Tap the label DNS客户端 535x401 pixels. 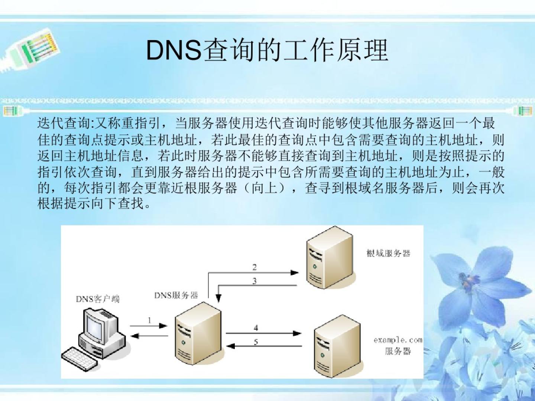pyautogui.click(x=98, y=299)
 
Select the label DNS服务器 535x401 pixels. pyautogui.click(x=176, y=296)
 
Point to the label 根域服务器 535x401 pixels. pyautogui.click(x=388, y=254)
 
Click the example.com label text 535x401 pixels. pyautogui.click(x=398, y=340)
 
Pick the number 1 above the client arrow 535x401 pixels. pyautogui.click(x=150, y=320)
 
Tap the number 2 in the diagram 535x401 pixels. pyautogui.click(x=254, y=267)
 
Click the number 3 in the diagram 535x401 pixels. pyautogui.click(x=254, y=281)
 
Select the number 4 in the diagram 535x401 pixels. pyautogui.click(x=256, y=328)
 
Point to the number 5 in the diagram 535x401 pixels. pyautogui.click(x=256, y=342)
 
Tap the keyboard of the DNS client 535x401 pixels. pyautogui.click(x=79, y=358)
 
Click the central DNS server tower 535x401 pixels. pyautogui.click(x=197, y=332)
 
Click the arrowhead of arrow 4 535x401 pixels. pyautogui.click(x=297, y=333)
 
